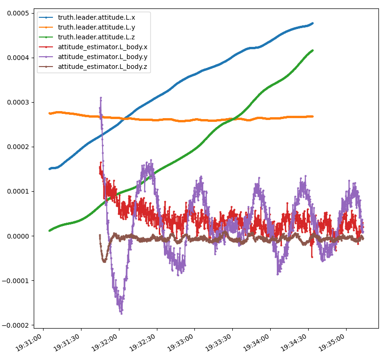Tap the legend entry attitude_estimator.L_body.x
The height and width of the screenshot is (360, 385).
point(103,47)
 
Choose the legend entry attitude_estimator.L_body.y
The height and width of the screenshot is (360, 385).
point(103,57)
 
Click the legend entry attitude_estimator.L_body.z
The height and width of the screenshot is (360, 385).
point(103,67)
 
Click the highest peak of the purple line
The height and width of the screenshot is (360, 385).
point(101,97)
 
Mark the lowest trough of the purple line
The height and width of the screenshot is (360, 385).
point(121,313)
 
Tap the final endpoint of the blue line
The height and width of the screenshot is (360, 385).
point(312,23)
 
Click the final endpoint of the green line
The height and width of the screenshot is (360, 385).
point(312,50)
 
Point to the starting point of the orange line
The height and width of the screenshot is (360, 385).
point(50,113)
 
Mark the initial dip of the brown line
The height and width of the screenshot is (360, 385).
point(104,260)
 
